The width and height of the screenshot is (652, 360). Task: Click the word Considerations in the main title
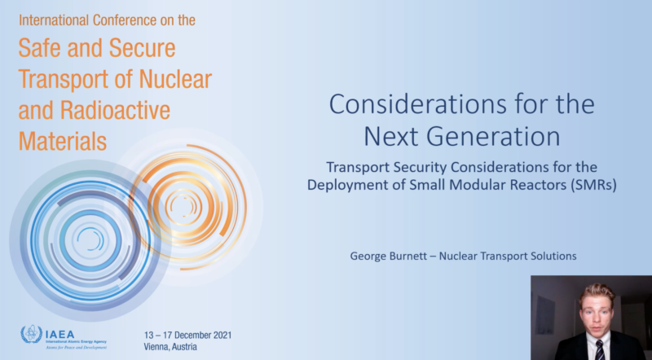418,104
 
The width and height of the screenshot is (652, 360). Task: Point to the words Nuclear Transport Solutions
508,256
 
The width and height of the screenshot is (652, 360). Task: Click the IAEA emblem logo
32,335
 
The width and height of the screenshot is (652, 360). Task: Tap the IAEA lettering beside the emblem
59,334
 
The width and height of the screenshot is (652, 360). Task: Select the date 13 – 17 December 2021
188,335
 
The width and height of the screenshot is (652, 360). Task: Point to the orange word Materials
63,141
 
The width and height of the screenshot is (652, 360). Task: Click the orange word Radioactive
115,110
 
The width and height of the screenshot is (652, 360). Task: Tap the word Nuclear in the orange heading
175,78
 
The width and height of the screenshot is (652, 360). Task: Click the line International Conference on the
107,20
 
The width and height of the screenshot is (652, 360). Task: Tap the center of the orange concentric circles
183,206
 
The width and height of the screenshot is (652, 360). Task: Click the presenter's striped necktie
599,349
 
